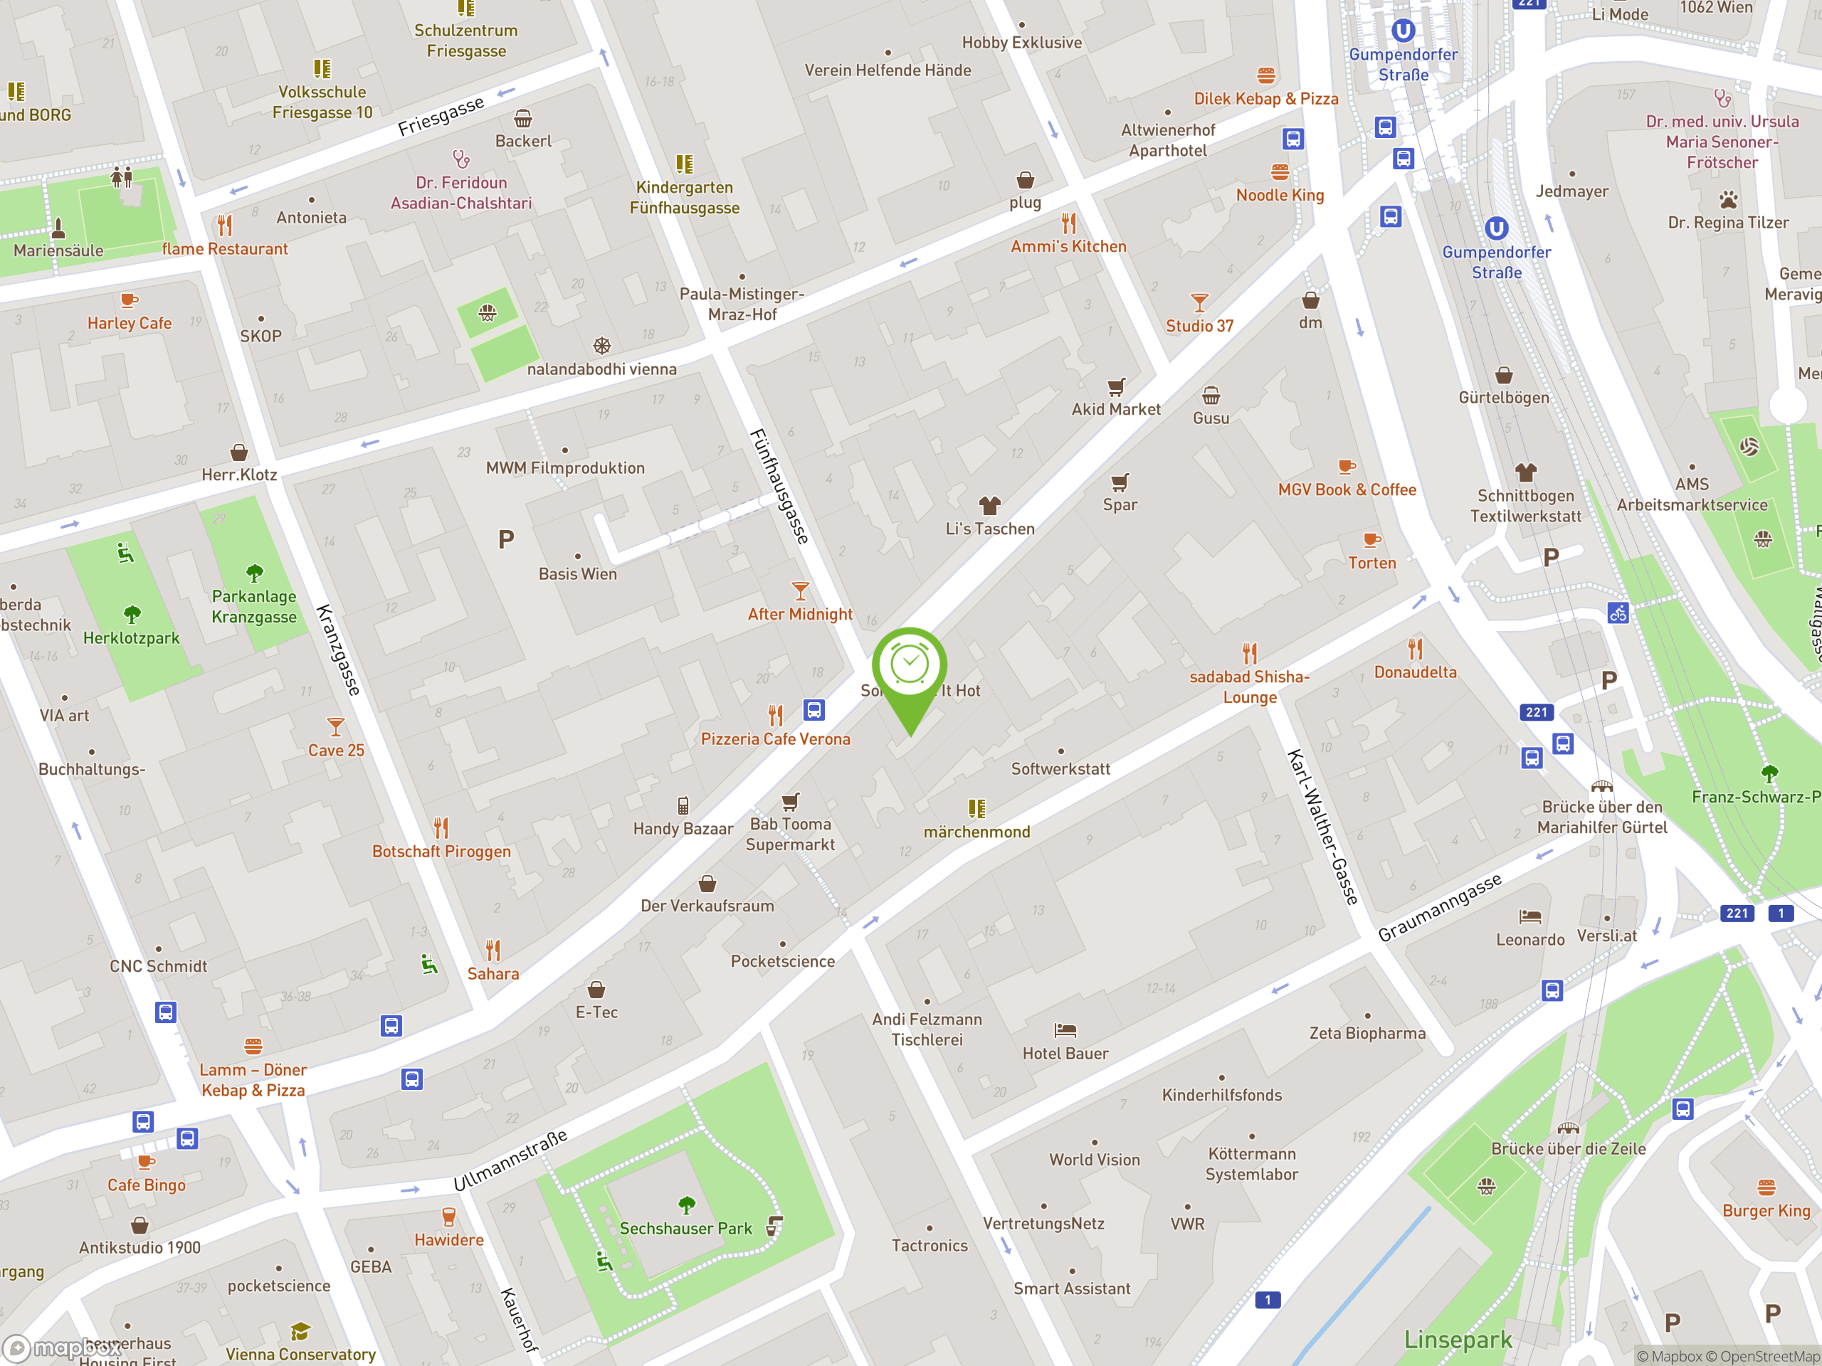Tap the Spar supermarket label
click(1120, 504)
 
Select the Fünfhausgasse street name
click(779, 487)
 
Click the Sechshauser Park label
click(685, 1229)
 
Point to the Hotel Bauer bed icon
click(1065, 1030)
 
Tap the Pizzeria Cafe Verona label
click(775, 739)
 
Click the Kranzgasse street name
click(339, 650)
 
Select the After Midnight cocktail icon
click(800, 591)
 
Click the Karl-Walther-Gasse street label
click(1322, 827)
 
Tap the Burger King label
click(1766, 1210)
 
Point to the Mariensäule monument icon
click(58, 227)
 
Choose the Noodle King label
click(1279, 195)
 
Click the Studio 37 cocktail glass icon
click(1199, 303)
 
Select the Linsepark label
click(1457, 1340)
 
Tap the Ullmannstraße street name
click(511, 1160)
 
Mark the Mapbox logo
click(62, 1348)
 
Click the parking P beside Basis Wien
click(506, 539)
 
